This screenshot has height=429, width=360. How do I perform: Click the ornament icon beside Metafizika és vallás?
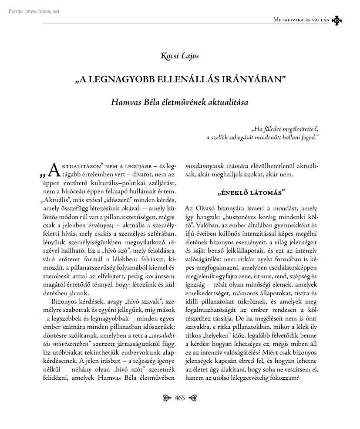(x=336, y=20)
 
